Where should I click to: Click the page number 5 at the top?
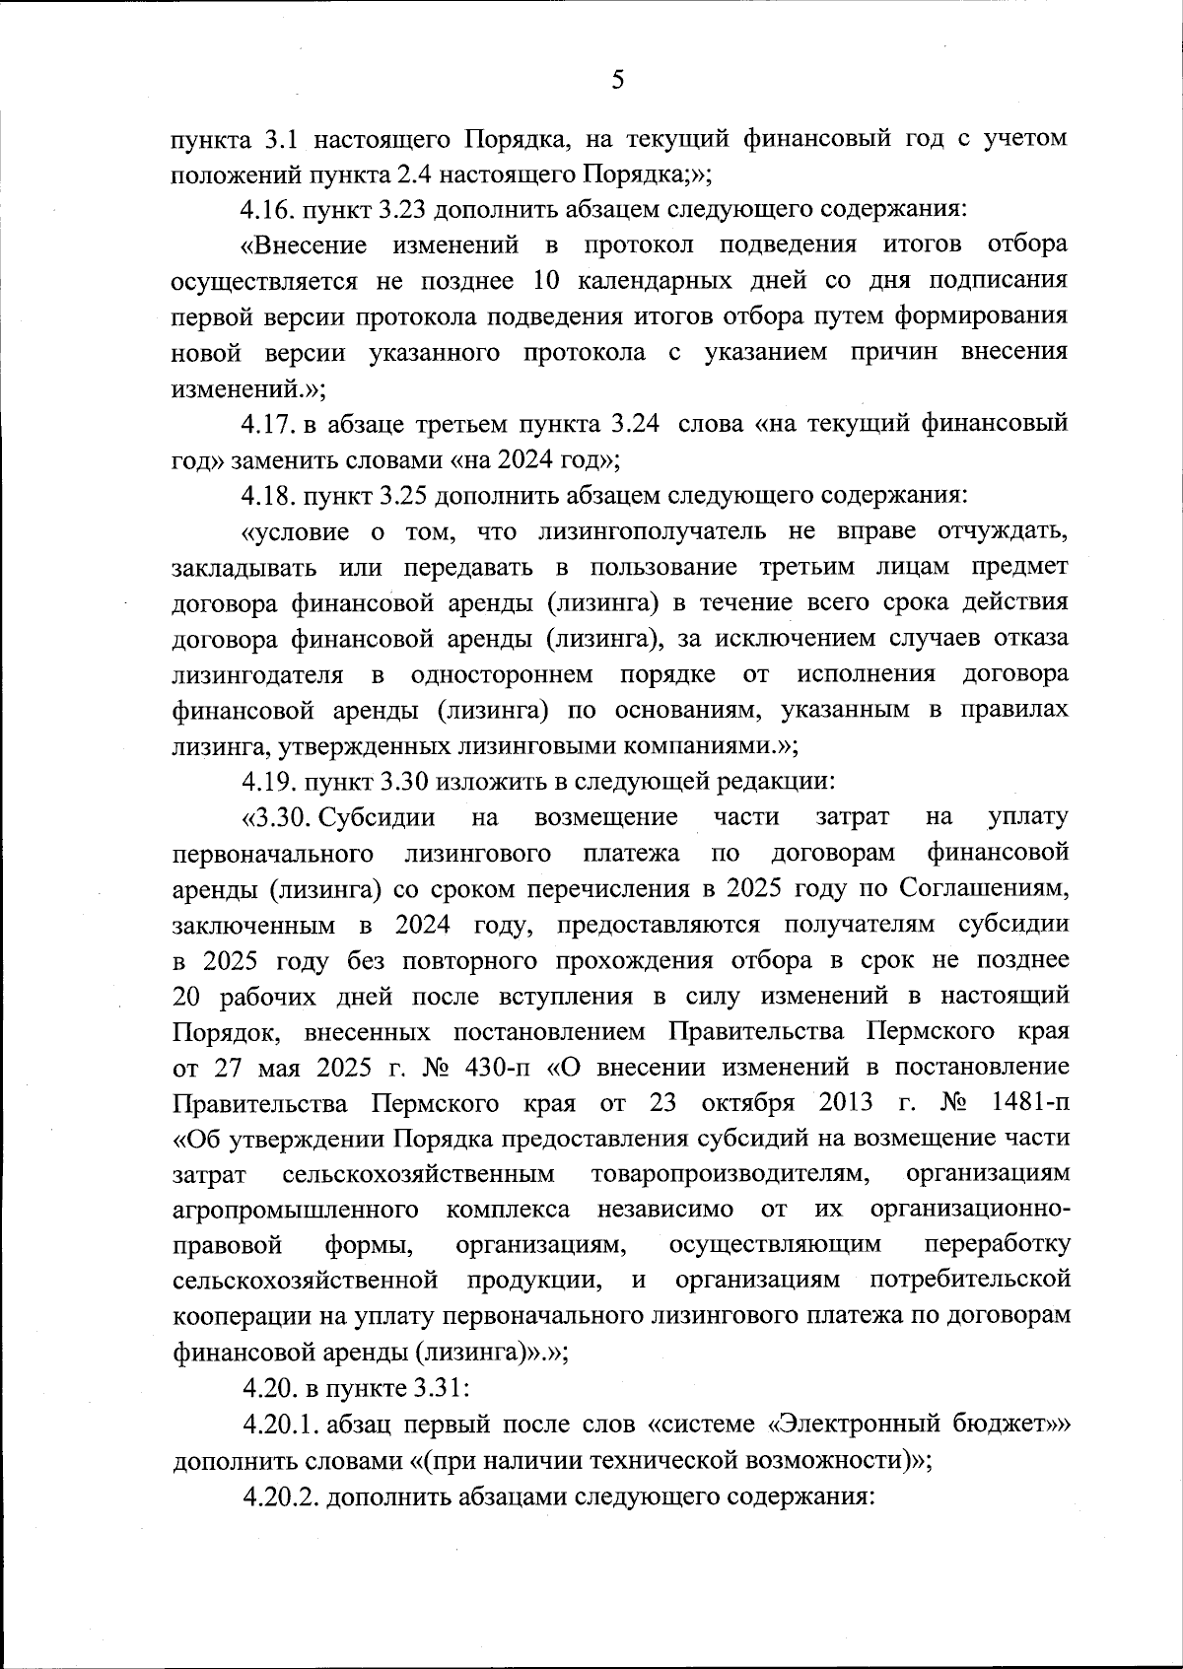coord(618,80)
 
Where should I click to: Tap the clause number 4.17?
coord(267,425)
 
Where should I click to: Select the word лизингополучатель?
coord(652,532)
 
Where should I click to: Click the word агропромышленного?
coord(295,1210)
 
